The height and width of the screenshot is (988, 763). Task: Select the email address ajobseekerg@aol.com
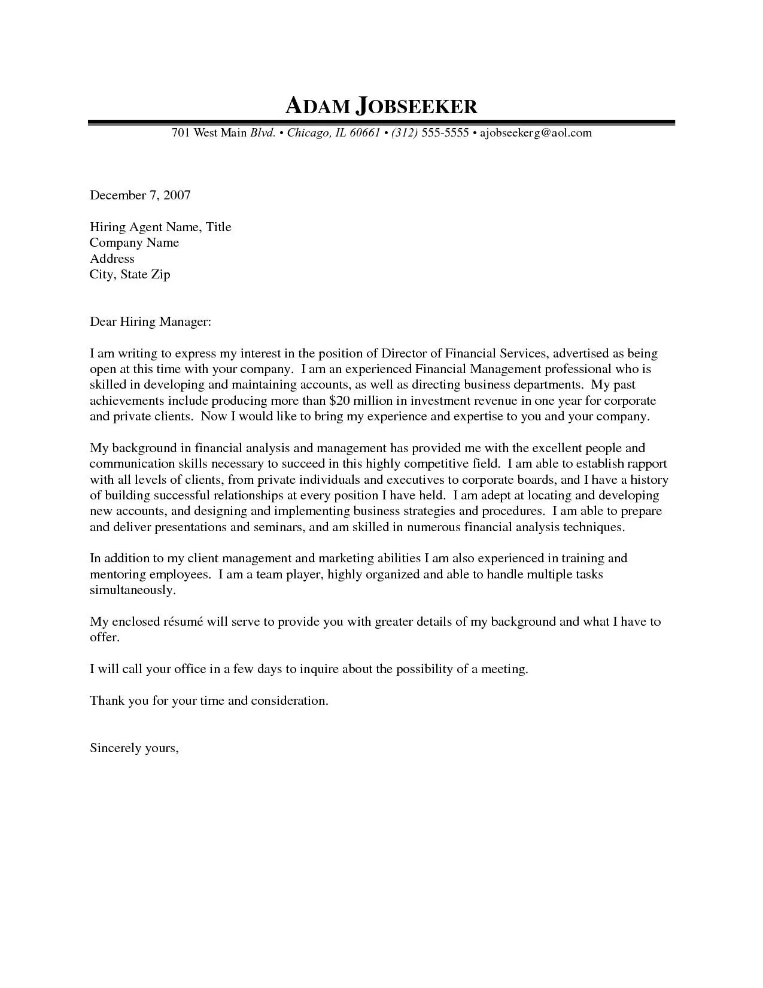pos(536,133)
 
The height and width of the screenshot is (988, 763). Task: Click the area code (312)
pos(405,133)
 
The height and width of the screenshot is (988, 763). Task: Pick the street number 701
pos(181,133)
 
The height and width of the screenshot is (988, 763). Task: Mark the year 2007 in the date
pos(177,195)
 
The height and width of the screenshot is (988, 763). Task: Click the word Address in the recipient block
pos(112,259)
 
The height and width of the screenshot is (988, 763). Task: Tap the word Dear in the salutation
pos(103,322)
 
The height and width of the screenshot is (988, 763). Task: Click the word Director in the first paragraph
pos(405,354)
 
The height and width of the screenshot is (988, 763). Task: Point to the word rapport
pos(643,464)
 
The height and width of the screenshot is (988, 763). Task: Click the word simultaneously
pos(133,590)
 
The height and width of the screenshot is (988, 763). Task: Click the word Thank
pos(106,701)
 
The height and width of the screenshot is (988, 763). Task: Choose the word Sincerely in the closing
pos(115,748)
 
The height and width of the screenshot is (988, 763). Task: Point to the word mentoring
pos(118,575)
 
